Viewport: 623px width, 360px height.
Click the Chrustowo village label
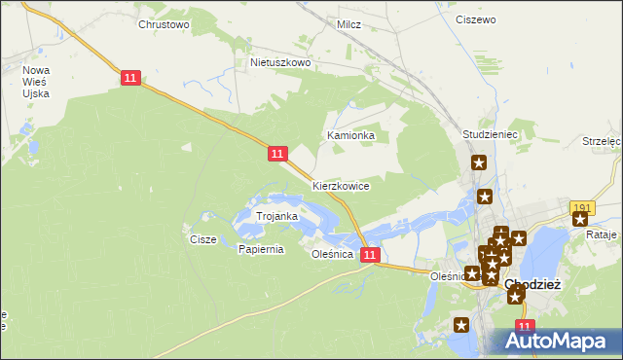click(164, 24)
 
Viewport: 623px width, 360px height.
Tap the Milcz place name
click(348, 24)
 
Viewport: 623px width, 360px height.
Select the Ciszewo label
click(476, 18)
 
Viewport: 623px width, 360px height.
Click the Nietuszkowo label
click(279, 62)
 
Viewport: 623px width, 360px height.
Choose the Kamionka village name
click(351, 135)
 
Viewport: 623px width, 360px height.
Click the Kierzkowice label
click(341, 185)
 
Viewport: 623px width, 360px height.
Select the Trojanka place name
click(276, 215)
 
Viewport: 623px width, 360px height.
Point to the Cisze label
click(203, 238)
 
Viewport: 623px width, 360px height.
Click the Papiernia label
click(261, 249)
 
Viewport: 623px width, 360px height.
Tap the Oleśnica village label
click(331, 254)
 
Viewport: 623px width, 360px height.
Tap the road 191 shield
click(582, 207)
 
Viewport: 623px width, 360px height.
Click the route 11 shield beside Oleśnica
click(370, 254)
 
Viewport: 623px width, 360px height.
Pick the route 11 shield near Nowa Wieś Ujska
click(131, 78)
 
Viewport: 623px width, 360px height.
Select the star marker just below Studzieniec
click(479, 162)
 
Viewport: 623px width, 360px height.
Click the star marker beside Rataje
click(580, 220)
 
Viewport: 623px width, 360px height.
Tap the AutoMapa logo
click(557, 341)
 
